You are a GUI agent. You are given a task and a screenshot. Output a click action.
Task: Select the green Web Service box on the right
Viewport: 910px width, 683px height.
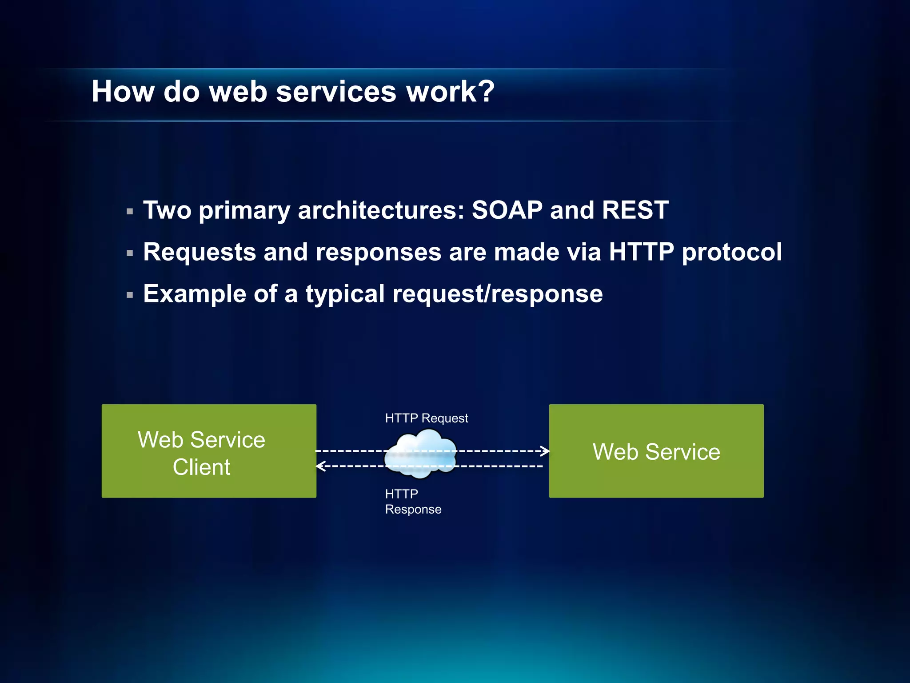(656, 451)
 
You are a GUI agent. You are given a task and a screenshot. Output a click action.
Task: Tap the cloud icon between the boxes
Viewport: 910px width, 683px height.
(421, 454)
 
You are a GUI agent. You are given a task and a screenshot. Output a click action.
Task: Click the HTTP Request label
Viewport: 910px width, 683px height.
(426, 418)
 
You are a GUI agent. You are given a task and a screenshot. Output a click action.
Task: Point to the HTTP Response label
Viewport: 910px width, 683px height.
(412, 502)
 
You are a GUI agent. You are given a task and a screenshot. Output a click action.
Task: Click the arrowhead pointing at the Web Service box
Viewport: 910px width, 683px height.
(545, 451)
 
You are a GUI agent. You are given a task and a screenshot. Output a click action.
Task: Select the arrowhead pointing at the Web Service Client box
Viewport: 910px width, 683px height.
(320, 466)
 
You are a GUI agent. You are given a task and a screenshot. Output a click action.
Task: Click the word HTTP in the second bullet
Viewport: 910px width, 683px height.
(641, 252)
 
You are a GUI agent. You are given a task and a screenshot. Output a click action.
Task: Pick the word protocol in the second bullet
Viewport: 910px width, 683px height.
(732, 253)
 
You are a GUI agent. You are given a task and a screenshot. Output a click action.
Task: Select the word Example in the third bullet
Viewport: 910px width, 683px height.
(194, 294)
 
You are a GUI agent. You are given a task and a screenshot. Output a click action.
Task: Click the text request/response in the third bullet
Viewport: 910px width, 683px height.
(497, 294)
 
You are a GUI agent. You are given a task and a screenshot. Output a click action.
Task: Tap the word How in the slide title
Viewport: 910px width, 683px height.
(123, 92)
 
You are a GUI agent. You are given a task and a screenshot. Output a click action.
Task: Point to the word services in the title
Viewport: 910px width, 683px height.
(336, 92)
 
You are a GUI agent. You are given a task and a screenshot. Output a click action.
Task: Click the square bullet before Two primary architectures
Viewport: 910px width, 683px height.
(130, 212)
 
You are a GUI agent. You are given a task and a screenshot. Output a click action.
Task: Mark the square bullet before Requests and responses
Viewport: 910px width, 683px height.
(130, 253)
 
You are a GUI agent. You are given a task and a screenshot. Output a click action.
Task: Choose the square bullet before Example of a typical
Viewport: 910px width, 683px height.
(130, 295)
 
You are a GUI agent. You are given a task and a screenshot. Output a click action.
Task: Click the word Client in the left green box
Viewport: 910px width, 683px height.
(201, 467)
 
